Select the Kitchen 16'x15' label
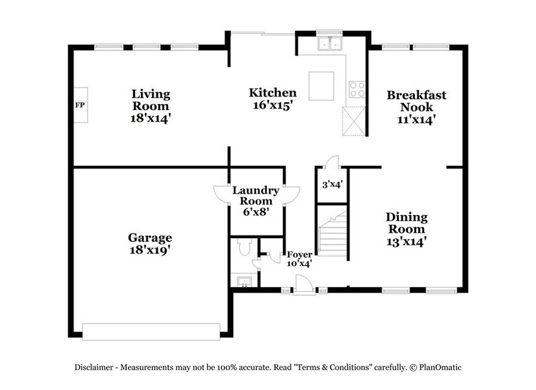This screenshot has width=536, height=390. pos(272,99)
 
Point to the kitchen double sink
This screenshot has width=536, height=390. pos(329,44)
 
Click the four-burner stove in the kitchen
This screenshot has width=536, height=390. pos(357,88)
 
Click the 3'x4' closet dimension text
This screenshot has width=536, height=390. pos(331,184)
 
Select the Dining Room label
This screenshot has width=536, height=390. pos(407,229)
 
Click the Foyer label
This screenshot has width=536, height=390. pos(298,259)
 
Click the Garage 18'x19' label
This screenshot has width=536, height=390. pos(150,244)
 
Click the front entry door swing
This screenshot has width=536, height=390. pos(302,284)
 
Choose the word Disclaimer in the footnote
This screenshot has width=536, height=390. pos(94,367)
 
